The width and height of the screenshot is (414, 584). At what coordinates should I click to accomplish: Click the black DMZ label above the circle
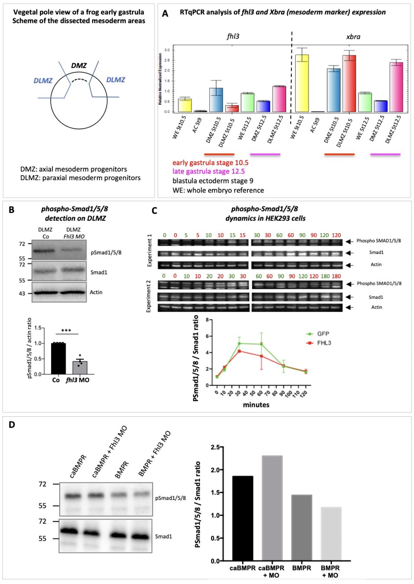[79, 65]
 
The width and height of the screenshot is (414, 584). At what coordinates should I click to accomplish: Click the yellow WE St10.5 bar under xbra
[302, 83]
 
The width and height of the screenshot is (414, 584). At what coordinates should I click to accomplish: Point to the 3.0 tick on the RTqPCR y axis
[167, 50]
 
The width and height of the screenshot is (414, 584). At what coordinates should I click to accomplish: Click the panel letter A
[165, 14]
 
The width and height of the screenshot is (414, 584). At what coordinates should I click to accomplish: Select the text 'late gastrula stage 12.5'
[208, 171]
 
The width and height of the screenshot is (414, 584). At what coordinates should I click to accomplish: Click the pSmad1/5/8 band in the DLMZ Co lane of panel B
[43, 251]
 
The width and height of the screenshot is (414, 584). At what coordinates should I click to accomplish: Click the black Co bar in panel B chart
[58, 359]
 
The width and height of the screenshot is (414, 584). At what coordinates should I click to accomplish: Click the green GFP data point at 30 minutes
[239, 343]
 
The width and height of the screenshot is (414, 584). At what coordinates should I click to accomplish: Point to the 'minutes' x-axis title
[256, 405]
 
